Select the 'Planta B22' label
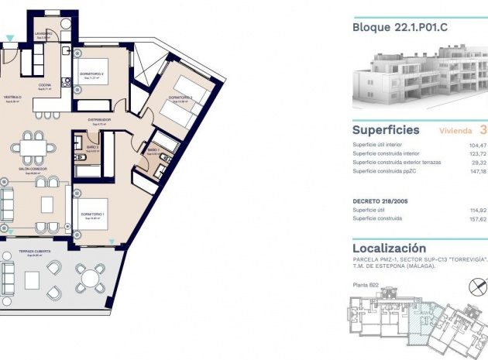coord(366,286)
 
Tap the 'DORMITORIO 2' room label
coord(92,74)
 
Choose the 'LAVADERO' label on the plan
coord(43,33)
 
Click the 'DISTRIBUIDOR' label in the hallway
coord(98,120)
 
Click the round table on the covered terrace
coord(91,276)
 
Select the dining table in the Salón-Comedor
coord(33,144)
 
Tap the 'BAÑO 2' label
coord(91,146)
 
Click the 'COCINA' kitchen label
coord(45,85)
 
